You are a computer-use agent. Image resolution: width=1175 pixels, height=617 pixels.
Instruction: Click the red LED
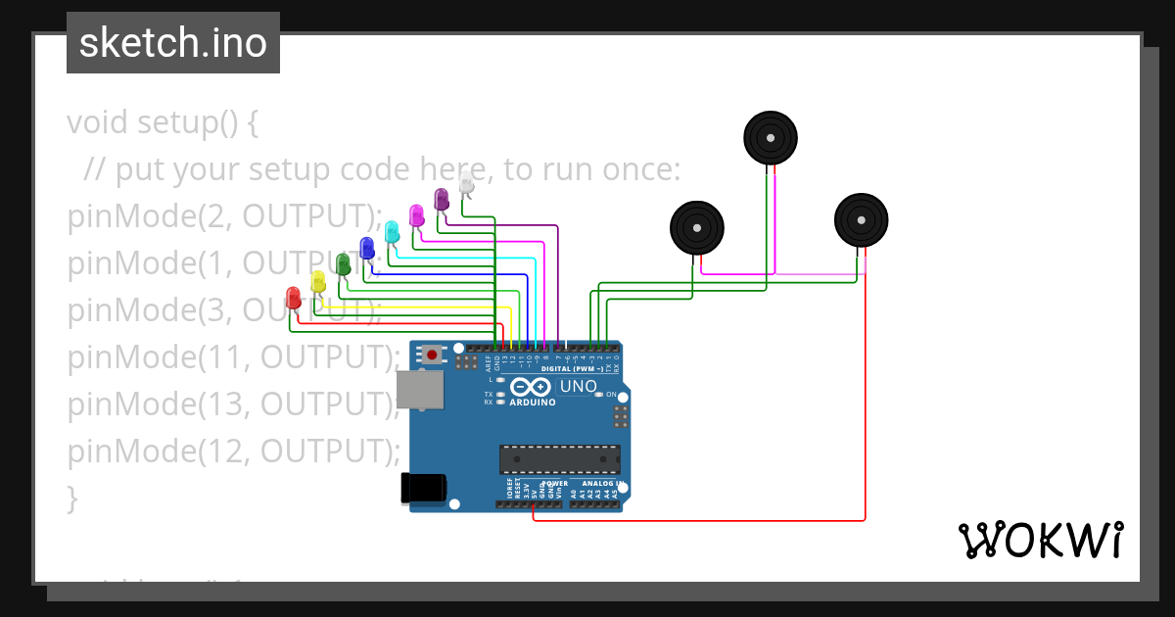293,298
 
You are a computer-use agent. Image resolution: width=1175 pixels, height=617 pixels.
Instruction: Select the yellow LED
317,281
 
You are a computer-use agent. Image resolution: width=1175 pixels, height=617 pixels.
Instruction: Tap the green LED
342,264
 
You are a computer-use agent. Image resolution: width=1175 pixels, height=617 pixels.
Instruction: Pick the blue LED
367,248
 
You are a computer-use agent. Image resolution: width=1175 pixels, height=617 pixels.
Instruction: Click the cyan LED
392,231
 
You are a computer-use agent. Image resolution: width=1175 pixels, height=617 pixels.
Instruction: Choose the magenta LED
416,214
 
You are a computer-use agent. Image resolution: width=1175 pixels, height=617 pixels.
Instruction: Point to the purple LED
441,199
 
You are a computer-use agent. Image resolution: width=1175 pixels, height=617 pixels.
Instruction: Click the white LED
466,183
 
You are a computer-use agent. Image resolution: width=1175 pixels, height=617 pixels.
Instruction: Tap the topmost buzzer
770,137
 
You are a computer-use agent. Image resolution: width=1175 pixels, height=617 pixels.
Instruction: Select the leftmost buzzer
696,227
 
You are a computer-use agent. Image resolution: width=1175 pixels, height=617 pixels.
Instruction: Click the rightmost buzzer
861,219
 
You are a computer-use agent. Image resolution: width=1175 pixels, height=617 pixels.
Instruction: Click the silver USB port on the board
426,390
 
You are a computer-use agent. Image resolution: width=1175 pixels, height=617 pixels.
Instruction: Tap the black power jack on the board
424,488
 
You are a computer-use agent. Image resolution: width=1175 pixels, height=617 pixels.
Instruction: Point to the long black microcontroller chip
559,459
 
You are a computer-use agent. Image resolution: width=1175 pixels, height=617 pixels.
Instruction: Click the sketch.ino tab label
173,43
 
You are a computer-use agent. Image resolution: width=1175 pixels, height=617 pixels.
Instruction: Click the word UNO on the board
578,386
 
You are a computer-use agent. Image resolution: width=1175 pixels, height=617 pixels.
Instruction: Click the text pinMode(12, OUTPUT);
233,451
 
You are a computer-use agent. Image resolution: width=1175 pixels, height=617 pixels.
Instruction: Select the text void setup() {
163,122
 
